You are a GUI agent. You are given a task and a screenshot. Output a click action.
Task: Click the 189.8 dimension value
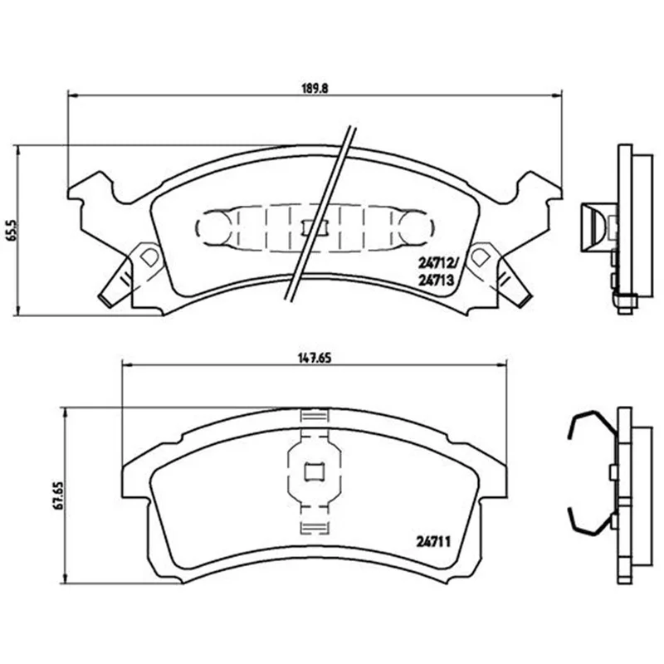[315, 88]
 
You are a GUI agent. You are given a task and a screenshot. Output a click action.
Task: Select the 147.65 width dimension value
[314, 358]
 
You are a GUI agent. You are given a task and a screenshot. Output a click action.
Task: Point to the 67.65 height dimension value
[58, 495]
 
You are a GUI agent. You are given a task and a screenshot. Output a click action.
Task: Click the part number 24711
[433, 542]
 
